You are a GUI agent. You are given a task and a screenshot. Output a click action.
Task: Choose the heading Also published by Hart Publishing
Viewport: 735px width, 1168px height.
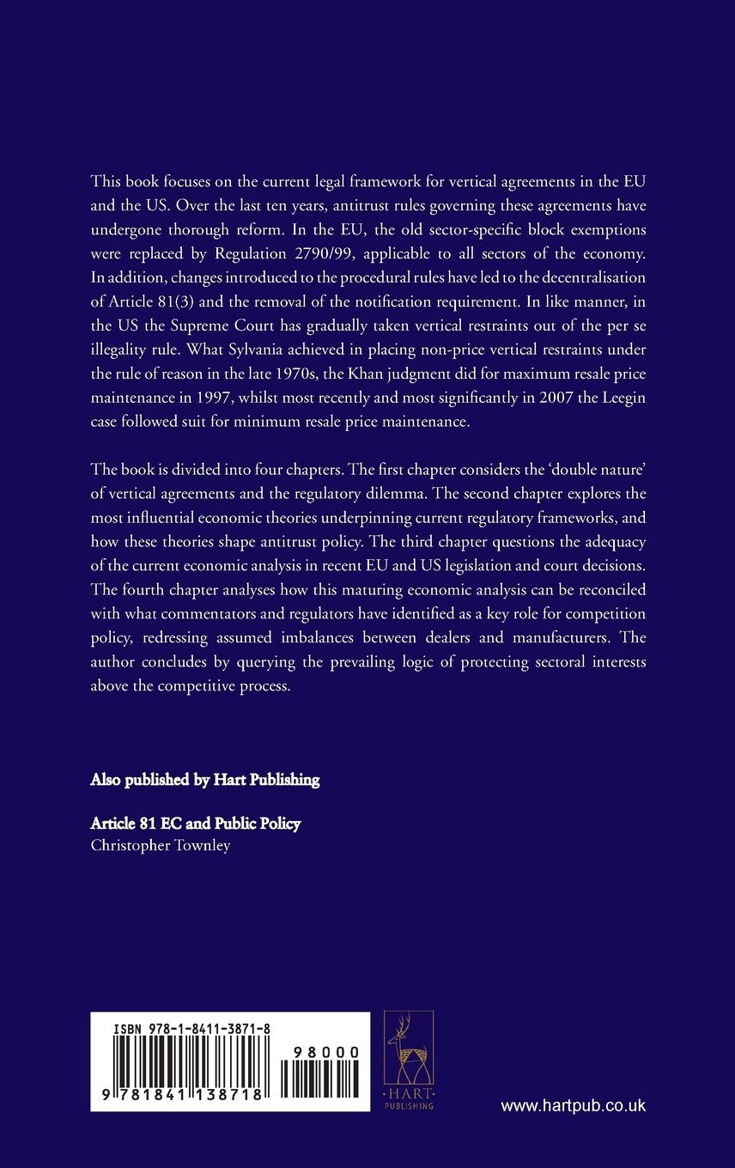point(205,780)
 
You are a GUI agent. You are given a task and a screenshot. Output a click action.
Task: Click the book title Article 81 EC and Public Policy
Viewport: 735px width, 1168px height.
point(196,824)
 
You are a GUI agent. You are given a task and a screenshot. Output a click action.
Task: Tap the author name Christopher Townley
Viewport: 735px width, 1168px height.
point(161,844)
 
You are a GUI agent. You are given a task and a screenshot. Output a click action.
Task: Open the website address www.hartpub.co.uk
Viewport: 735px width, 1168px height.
point(573,1106)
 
